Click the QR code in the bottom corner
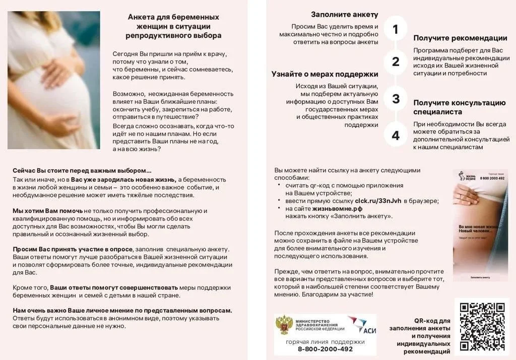483,326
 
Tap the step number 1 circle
396,29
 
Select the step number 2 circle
396,61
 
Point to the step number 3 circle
396,99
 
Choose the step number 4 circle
396,135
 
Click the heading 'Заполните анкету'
344,15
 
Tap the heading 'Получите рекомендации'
460,38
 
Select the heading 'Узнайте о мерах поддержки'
325,74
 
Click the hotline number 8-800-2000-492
325,349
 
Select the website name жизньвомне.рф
337,208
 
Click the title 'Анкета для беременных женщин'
173,26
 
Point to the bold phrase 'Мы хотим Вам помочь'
48,210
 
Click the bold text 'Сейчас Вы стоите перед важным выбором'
82,170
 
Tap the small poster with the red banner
480,225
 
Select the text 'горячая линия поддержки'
325,341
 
